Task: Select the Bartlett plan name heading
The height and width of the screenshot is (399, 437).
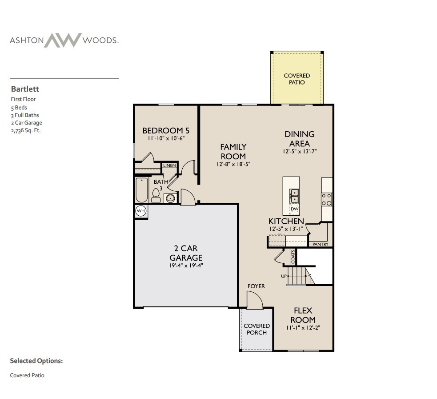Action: [25, 89]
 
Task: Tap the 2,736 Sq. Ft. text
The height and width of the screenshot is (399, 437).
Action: [25, 130]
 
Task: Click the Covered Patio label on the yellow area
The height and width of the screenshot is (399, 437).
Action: [297, 79]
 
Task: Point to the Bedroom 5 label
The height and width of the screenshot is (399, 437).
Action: [166, 130]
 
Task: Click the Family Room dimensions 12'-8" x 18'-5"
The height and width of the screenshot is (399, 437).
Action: [233, 165]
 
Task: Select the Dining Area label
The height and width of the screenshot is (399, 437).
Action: [299, 138]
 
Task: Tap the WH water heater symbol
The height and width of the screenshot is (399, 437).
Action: [141, 211]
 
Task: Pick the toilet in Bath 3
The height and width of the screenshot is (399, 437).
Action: [156, 194]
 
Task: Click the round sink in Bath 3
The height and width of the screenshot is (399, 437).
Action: [170, 198]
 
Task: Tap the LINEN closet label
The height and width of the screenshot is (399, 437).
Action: [169, 165]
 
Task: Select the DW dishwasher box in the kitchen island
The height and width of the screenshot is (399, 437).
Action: [294, 209]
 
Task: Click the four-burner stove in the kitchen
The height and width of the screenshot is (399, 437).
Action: [326, 199]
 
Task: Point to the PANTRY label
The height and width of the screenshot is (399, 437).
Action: [320, 244]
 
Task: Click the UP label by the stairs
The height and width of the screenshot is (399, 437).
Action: [284, 276]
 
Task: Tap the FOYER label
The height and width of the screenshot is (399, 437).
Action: [256, 286]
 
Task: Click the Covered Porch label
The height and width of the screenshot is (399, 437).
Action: [257, 329]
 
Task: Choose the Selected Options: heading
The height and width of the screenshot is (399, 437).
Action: [36, 361]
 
